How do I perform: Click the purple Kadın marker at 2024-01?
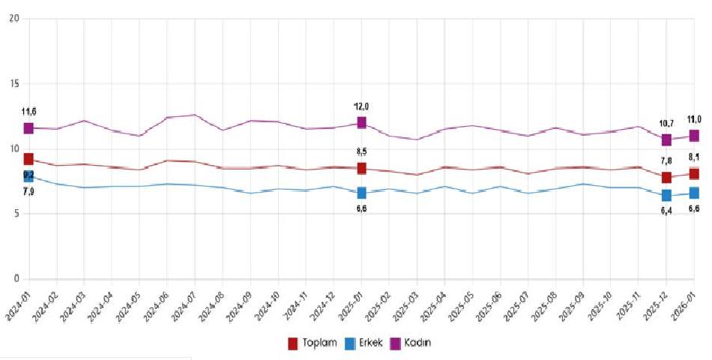28,128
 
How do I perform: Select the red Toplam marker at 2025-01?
362,169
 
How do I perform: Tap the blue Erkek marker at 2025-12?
666,196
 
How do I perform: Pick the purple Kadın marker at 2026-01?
695,136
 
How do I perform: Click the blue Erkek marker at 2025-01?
362,193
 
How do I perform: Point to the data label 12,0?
361,106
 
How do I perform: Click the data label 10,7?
666,123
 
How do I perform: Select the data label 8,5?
361,153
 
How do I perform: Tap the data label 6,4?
666,211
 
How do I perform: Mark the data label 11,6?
28,112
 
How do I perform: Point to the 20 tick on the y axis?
13,18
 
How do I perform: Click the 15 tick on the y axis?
13,83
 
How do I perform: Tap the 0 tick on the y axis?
16,279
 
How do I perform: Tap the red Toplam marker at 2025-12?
666,177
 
